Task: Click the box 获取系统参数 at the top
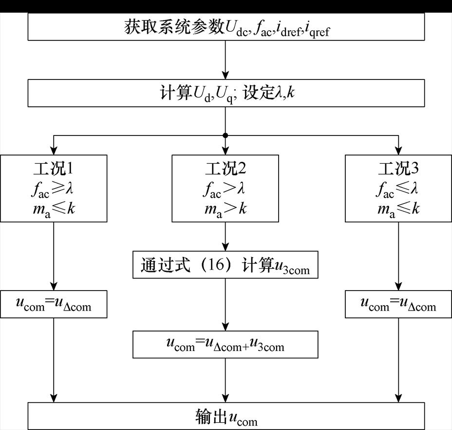point(226,27)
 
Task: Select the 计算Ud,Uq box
point(226,93)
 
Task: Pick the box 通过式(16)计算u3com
point(226,265)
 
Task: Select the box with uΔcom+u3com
point(226,344)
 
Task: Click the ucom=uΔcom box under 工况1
point(54,304)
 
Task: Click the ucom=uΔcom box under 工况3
point(398,304)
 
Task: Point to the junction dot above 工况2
point(226,135)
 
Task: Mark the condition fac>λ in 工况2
point(226,189)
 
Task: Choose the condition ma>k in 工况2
point(226,208)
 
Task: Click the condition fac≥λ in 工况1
point(54,189)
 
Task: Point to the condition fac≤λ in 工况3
point(398,189)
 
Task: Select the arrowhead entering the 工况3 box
point(398,150)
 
